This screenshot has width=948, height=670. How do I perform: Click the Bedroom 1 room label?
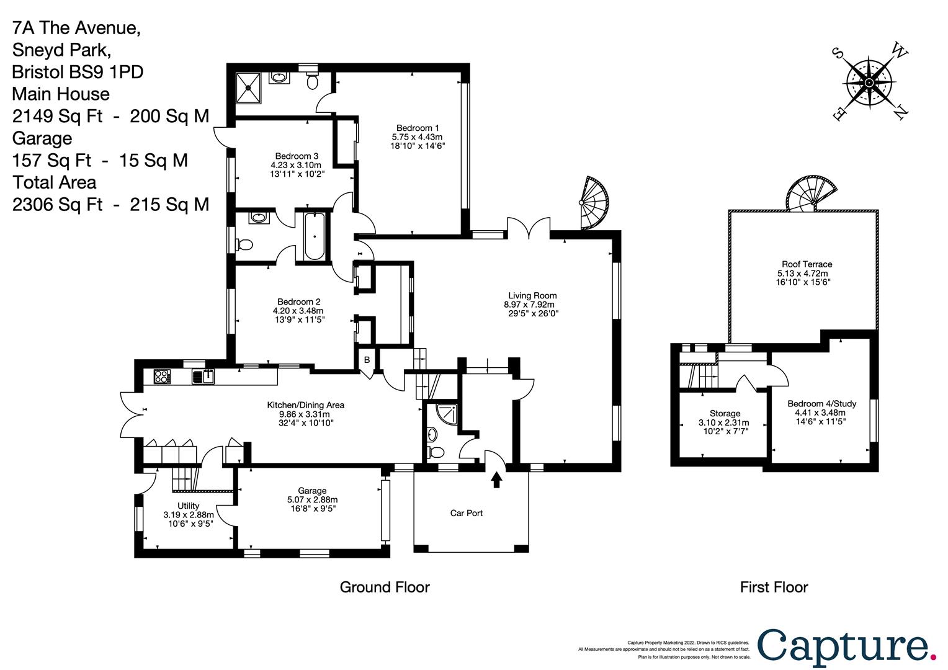(x=418, y=128)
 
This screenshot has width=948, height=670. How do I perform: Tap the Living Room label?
(x=532, y=295)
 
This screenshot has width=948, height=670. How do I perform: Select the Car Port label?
(x=467, y=513)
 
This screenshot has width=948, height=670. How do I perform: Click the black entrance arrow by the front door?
(x=496, y=480)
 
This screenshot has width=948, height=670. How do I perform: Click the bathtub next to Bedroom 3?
(x=314, y=236)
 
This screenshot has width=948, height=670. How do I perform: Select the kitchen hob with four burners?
(x=162, y=377)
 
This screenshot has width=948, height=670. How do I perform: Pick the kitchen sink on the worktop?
(x=203, y=377)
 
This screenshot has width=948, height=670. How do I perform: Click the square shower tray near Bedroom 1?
(x=248, y=87)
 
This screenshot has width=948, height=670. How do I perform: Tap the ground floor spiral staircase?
(x=594, y=203)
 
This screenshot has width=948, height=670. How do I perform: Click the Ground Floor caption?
(x=385, y=587)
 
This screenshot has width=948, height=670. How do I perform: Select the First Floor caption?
(x=774, y=587)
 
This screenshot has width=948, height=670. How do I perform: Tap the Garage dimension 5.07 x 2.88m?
(x=312, y=500)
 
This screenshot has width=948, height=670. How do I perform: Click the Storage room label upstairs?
(x=725, y=414)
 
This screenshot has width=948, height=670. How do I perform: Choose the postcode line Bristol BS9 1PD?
(x=78, y=72)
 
